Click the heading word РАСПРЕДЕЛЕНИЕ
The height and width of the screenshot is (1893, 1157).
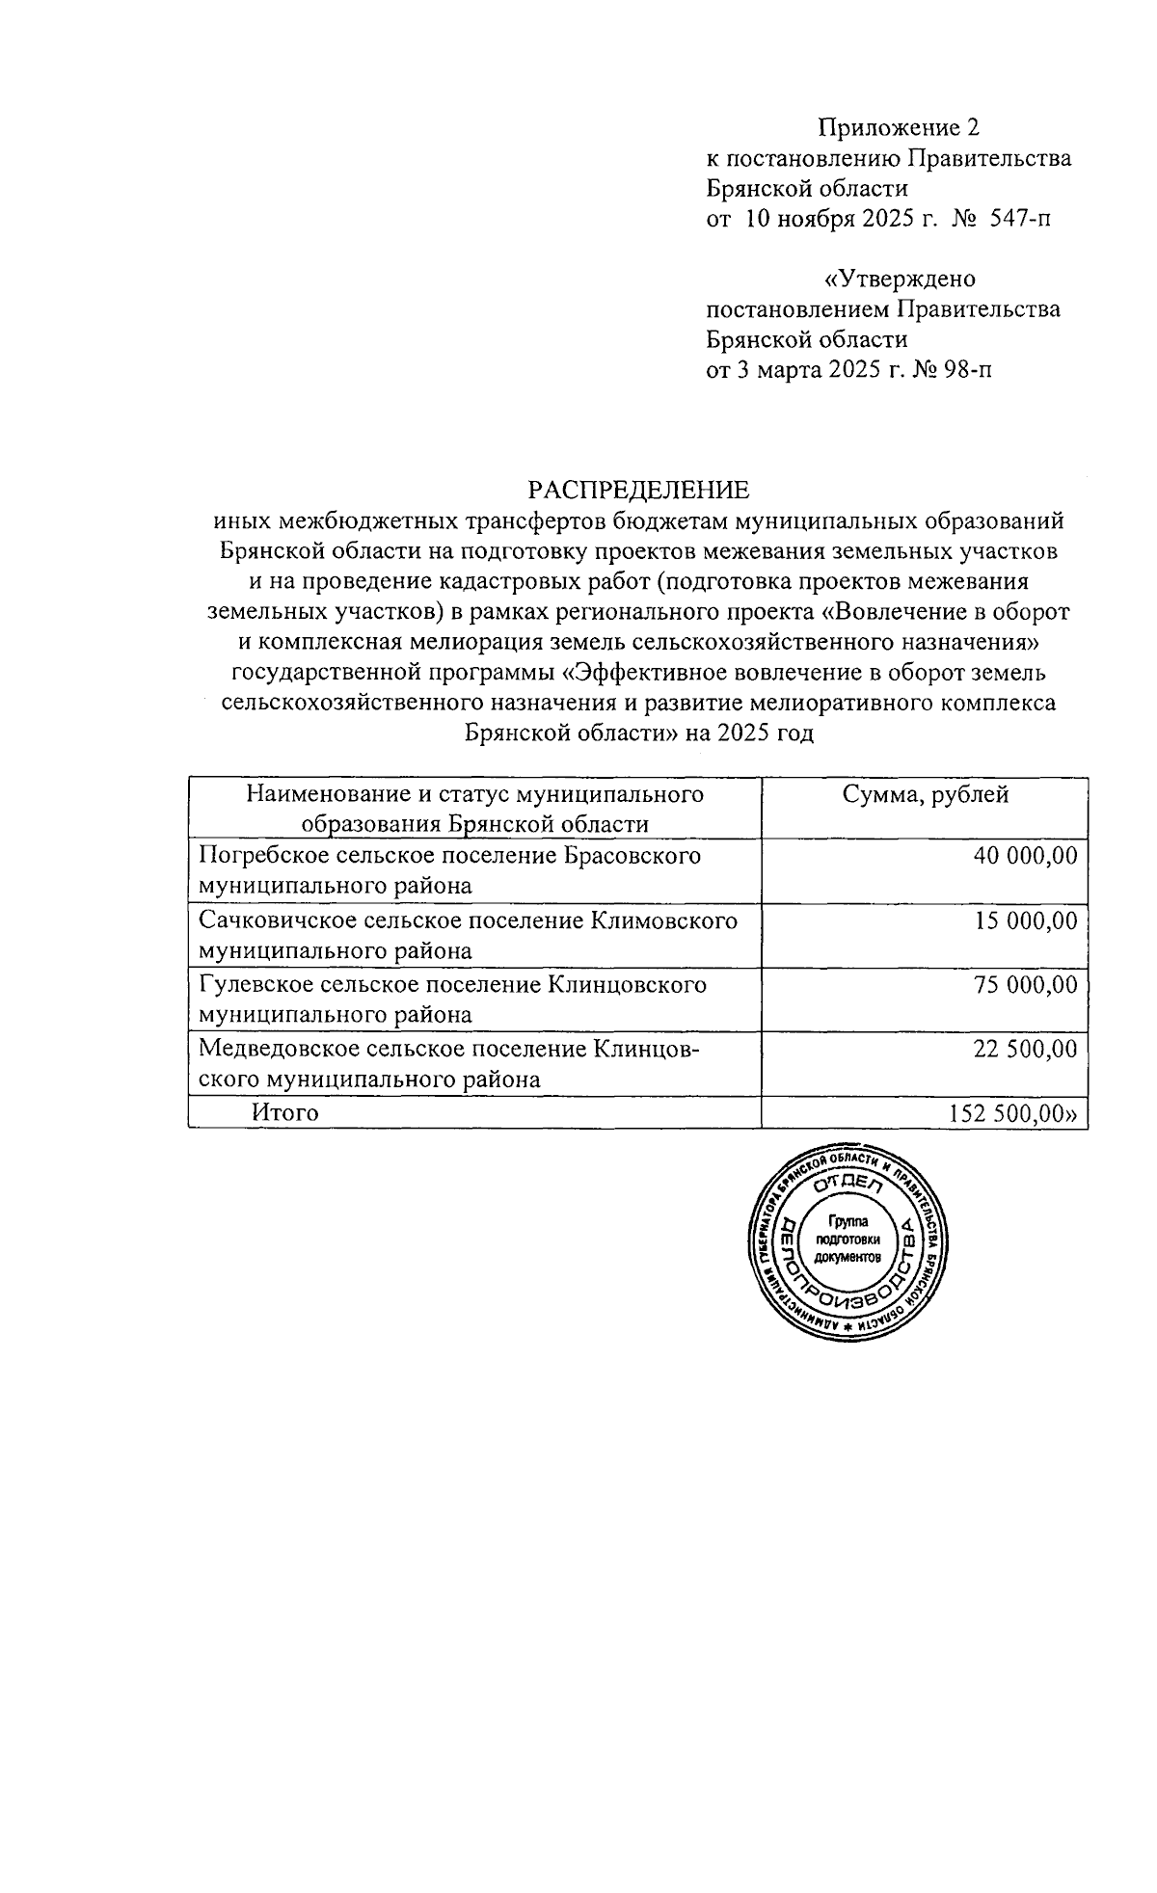(638, 490)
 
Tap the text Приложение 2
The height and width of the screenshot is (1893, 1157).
(898, 127)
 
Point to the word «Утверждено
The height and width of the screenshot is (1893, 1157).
(898, 280)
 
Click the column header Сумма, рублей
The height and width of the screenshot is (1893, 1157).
(925, 795)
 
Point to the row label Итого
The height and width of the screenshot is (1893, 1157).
(285, 1113)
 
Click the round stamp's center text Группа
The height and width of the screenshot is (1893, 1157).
(848, 1221)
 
